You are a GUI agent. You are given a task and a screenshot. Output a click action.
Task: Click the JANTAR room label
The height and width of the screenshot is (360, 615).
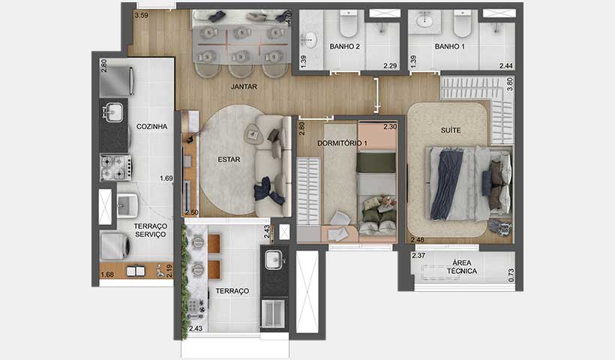pos(244,87)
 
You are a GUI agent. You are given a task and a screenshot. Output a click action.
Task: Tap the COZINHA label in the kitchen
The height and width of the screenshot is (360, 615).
pos(151,127)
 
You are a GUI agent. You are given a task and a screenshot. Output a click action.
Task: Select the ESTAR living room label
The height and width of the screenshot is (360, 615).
pos(228,160)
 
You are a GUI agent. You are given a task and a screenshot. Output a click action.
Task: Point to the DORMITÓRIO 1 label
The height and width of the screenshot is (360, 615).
pos(342,143)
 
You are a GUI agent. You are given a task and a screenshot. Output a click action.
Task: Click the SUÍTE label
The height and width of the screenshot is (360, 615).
pos(450,130)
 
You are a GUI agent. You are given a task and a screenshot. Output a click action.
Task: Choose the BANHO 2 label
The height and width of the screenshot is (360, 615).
pos(345,46)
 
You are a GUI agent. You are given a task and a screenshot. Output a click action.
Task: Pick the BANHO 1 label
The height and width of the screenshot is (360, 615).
pos(450,46)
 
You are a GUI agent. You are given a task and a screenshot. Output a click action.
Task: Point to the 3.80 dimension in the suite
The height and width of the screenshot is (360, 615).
pos(510,85)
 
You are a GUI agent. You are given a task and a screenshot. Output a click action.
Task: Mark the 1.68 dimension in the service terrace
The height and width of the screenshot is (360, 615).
pos(107,274)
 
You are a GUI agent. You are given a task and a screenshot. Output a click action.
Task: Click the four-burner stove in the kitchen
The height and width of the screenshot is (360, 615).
pos(115,167)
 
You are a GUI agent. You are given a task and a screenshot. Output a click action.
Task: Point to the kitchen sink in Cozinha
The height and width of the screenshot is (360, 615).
pos(115,113)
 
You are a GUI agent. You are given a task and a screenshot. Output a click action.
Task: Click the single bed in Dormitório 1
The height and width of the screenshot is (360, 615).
pos(376,196)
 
